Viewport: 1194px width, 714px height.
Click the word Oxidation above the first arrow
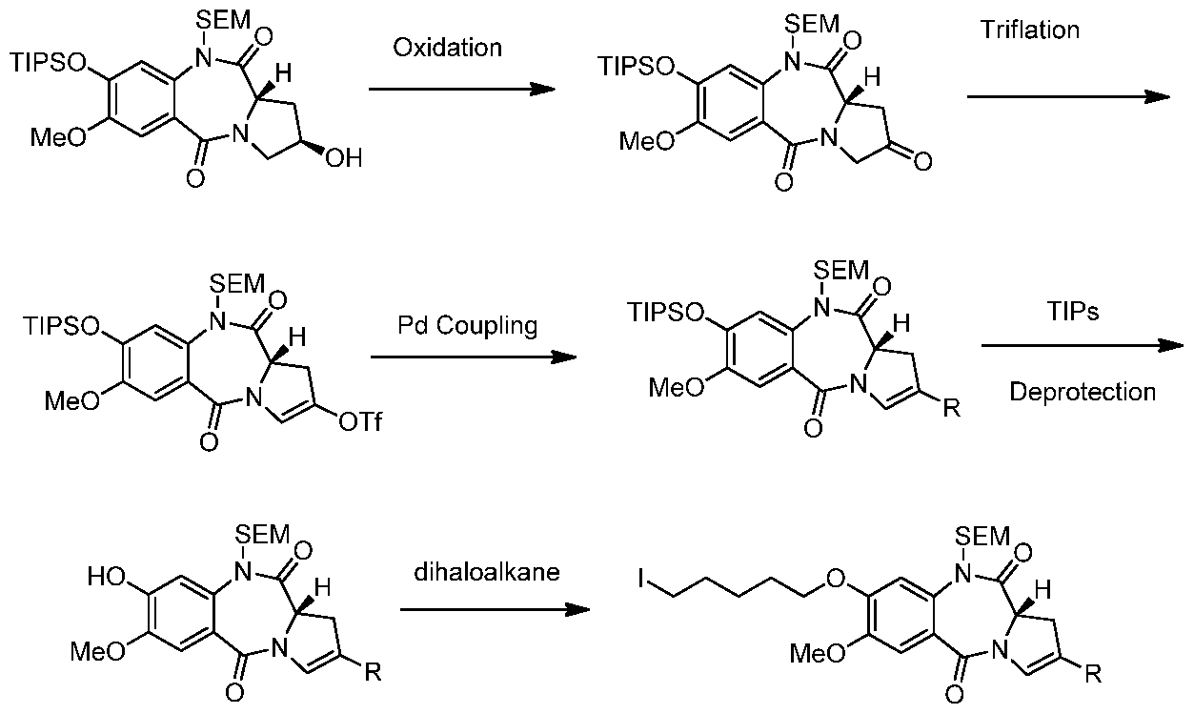point(447,48)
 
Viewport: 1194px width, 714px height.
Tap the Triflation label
point(1030,30)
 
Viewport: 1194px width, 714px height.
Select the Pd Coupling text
point(468,325)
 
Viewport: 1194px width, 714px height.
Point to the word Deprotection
point(1083,392)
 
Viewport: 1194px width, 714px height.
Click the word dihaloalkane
point(487,572)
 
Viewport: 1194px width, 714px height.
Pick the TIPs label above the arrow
point(1073,311)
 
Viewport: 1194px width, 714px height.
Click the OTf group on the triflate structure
point(360,421)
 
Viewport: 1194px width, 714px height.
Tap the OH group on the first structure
point(344,158)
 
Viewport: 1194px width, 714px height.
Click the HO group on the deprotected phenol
point(107,577)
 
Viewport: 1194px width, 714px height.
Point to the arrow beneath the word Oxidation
point(462,89)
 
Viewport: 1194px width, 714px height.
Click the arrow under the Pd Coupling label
point(474,357)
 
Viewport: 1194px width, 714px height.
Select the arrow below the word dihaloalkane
point(495,609)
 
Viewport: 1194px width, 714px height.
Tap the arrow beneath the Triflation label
point(1068,96)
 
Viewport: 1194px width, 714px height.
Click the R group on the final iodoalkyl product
point(1093,675)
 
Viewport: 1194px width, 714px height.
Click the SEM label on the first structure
point(223,21)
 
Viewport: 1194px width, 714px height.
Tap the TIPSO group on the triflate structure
point(61,326)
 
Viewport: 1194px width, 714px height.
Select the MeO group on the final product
point(818,653)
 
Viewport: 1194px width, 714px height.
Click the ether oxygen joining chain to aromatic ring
point(837,578)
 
